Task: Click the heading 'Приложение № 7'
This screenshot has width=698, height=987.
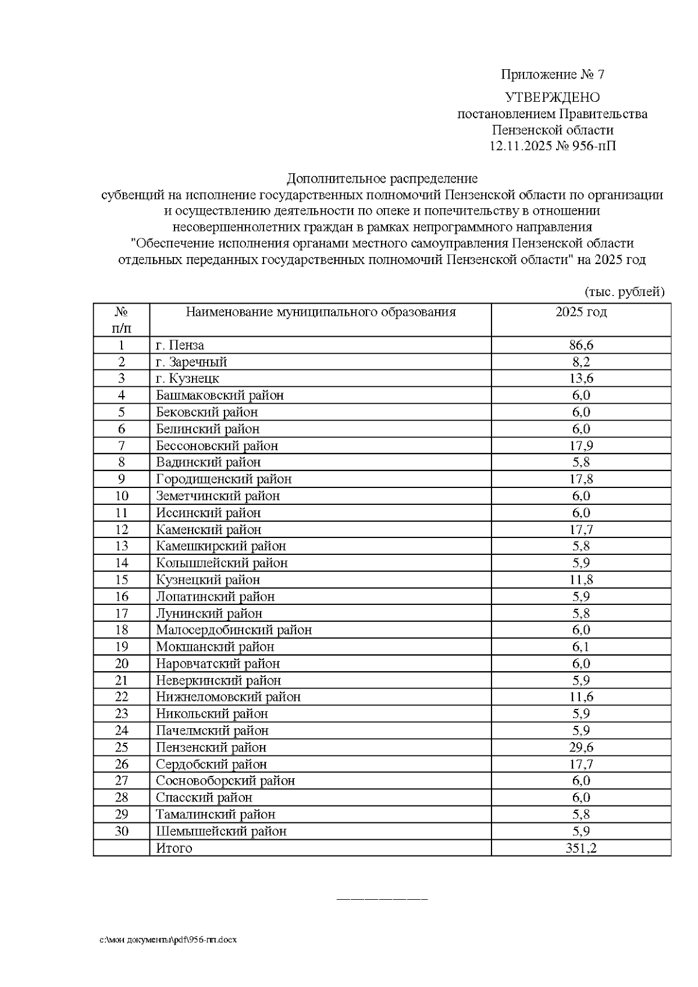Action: (x=553, y=74)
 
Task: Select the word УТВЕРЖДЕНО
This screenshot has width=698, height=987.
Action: (x=552, y=97)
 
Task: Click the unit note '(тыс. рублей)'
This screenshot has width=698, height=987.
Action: (x=624, y=291)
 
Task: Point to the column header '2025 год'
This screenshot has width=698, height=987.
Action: (x=581, y=312)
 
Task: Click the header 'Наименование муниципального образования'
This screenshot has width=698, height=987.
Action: (x=320, y=312)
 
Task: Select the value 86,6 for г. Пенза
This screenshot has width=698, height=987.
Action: (x=581, y=345)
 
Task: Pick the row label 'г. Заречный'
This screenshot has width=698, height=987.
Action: (x=191, y=362)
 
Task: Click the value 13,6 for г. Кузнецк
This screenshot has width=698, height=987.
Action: (x=581, y=379)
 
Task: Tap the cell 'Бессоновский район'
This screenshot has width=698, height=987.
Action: (x=217, y=446)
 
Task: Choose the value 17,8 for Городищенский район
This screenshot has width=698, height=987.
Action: (x=581, y=479)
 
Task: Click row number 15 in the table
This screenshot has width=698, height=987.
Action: (x=122, y=580)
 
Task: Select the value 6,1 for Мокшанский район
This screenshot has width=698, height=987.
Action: (x=581, y=647)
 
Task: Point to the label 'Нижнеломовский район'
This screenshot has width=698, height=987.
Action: (x=228, y=697)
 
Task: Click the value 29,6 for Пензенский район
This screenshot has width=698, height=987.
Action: (x=581, y=747)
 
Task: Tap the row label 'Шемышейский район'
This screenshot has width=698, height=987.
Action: (x=221, y=831)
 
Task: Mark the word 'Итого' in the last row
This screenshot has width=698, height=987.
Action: (x=174, y=848)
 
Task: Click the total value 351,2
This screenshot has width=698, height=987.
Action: (x=581, y=848)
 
